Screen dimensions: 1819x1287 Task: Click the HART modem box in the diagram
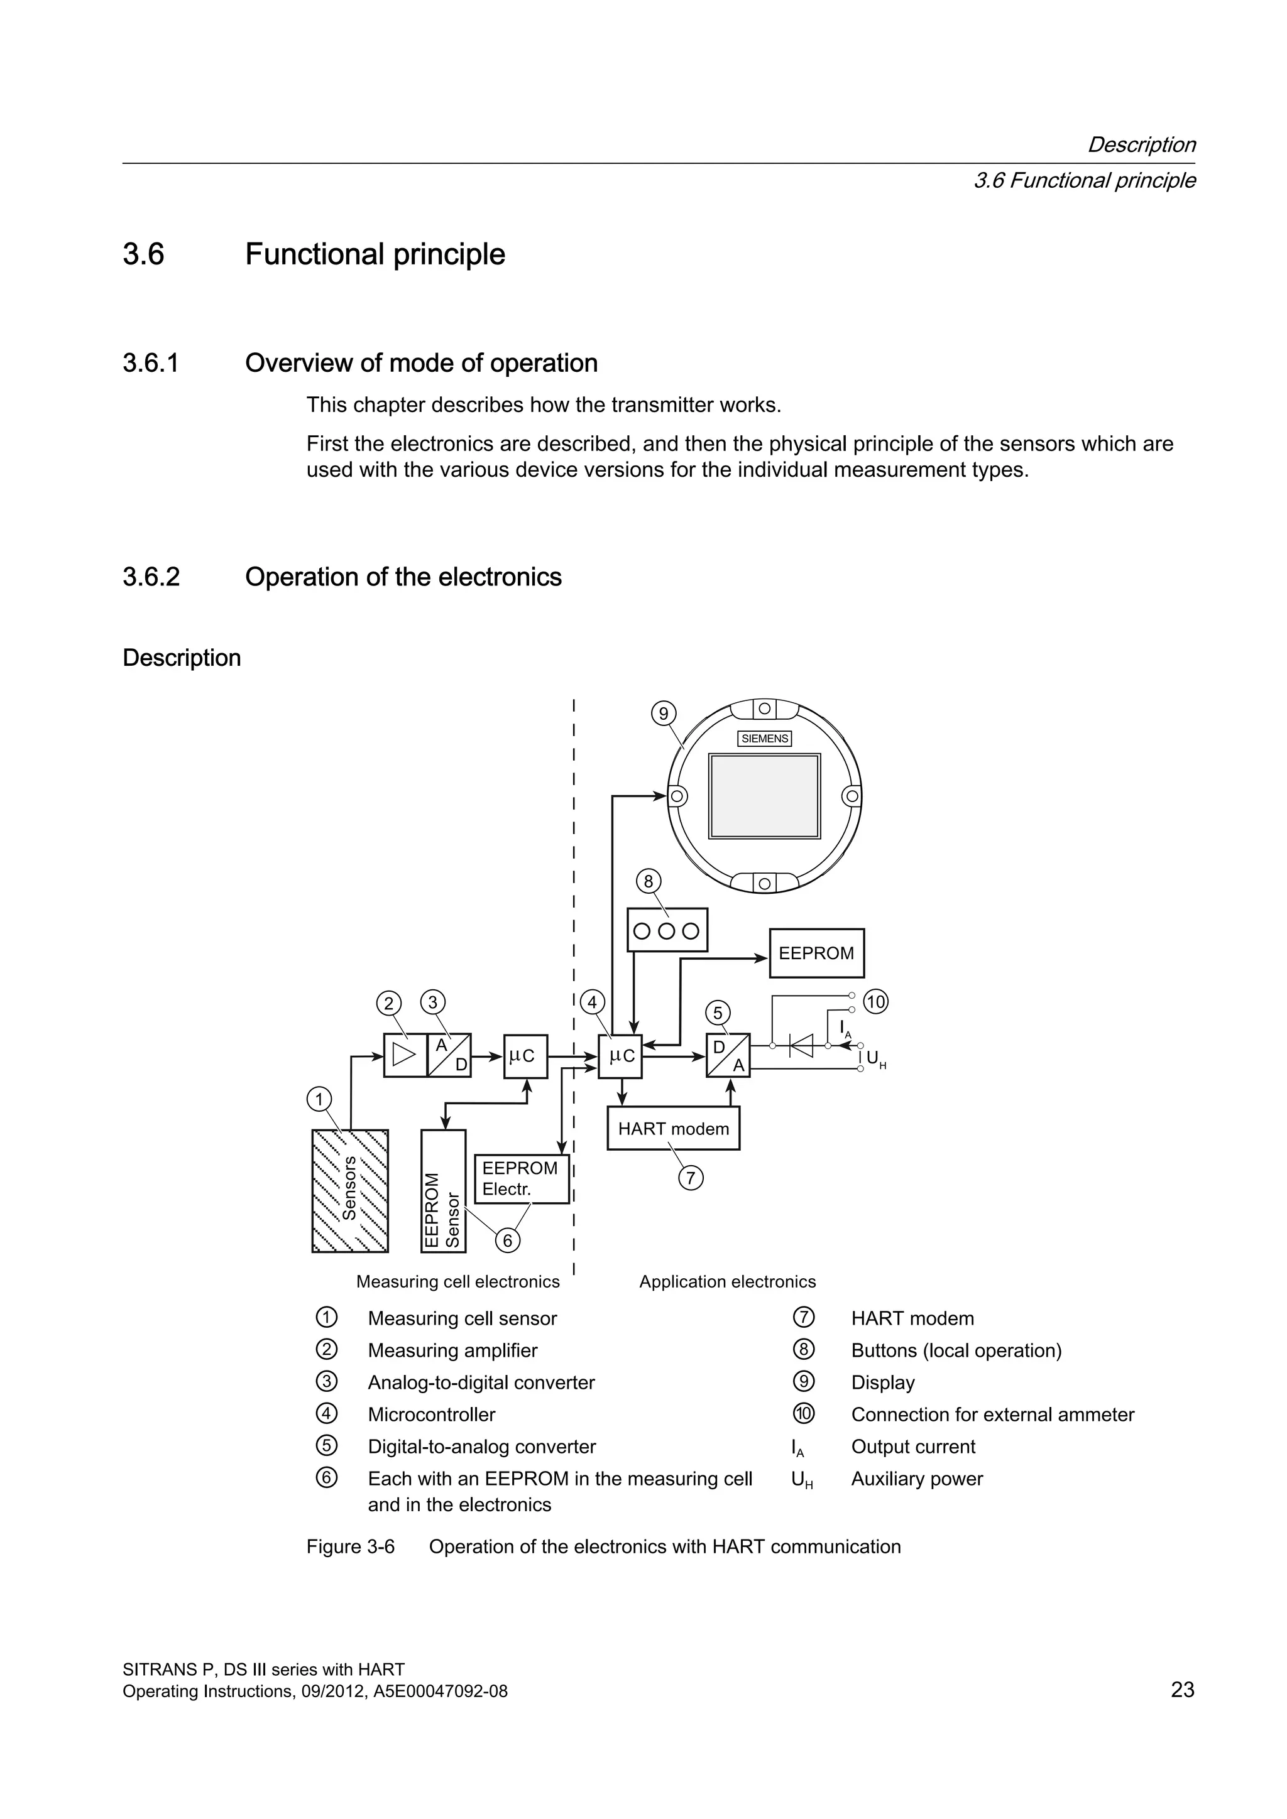click(673, 1128)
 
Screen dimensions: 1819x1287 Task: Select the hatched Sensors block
click(349, 1191)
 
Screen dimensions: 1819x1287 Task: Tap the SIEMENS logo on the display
click(765, 739)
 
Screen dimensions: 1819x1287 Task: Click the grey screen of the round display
click(764, 795)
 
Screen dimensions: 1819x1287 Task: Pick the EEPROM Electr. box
click(522, 1179)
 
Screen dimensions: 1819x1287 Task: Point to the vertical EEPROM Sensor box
click(443, 1191)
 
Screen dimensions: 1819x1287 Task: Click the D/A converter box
click(728, 1055)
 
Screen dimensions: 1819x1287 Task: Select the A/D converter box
click(449, 1055)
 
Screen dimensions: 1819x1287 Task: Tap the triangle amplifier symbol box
click(405, 1055)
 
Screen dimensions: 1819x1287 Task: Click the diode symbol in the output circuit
click(801, 1046)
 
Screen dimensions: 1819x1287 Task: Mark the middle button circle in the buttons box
click(667, 931)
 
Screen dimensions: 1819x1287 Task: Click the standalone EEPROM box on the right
click(816, 953)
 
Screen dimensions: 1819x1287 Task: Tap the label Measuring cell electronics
click(457, 1282)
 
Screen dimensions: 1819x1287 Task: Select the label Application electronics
click(726, 1282)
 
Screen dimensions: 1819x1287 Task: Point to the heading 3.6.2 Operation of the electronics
click(403, 577)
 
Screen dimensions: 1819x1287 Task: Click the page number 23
click(1181, 1690)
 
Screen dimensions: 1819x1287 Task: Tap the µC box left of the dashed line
click(525, 1056)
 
